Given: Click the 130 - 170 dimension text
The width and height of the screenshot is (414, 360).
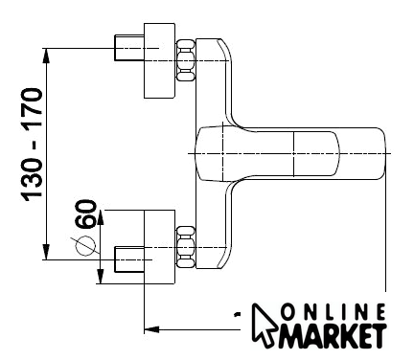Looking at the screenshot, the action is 32,145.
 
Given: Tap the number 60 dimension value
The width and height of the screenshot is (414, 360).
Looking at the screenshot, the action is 85,214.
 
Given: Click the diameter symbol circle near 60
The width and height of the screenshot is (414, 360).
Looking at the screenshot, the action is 86,246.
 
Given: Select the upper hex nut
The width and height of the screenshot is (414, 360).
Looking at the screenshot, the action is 186,60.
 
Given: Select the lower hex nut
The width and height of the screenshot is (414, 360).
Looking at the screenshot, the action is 186,247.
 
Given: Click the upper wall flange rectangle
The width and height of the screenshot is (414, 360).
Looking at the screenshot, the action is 159,60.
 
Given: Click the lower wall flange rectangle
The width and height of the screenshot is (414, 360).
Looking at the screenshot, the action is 159,247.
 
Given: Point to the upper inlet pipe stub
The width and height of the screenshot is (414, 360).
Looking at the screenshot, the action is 129,48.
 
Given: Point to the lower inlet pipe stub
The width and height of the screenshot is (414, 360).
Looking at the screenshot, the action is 129,259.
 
